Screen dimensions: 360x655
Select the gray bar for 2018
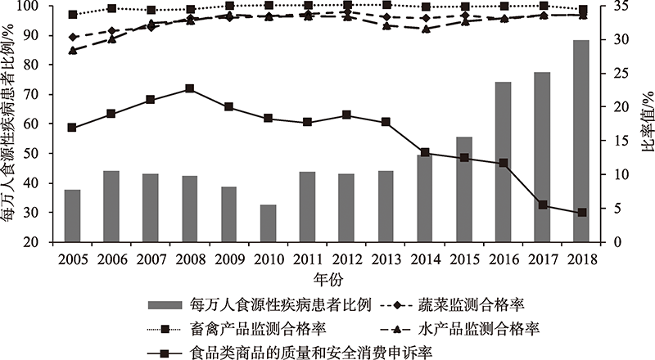tap(581, 142)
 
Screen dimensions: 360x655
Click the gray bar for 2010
tap(268, 223)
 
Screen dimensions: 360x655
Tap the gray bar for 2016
tap(503, 162)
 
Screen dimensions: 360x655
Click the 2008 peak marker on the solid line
tap(190, 88)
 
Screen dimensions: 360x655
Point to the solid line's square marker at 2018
tap(582, 213)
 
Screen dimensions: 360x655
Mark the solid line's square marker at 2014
tap(425, 153)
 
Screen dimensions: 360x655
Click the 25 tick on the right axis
tap(616, 74)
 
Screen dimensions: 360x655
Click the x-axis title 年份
tap(327, 277)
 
